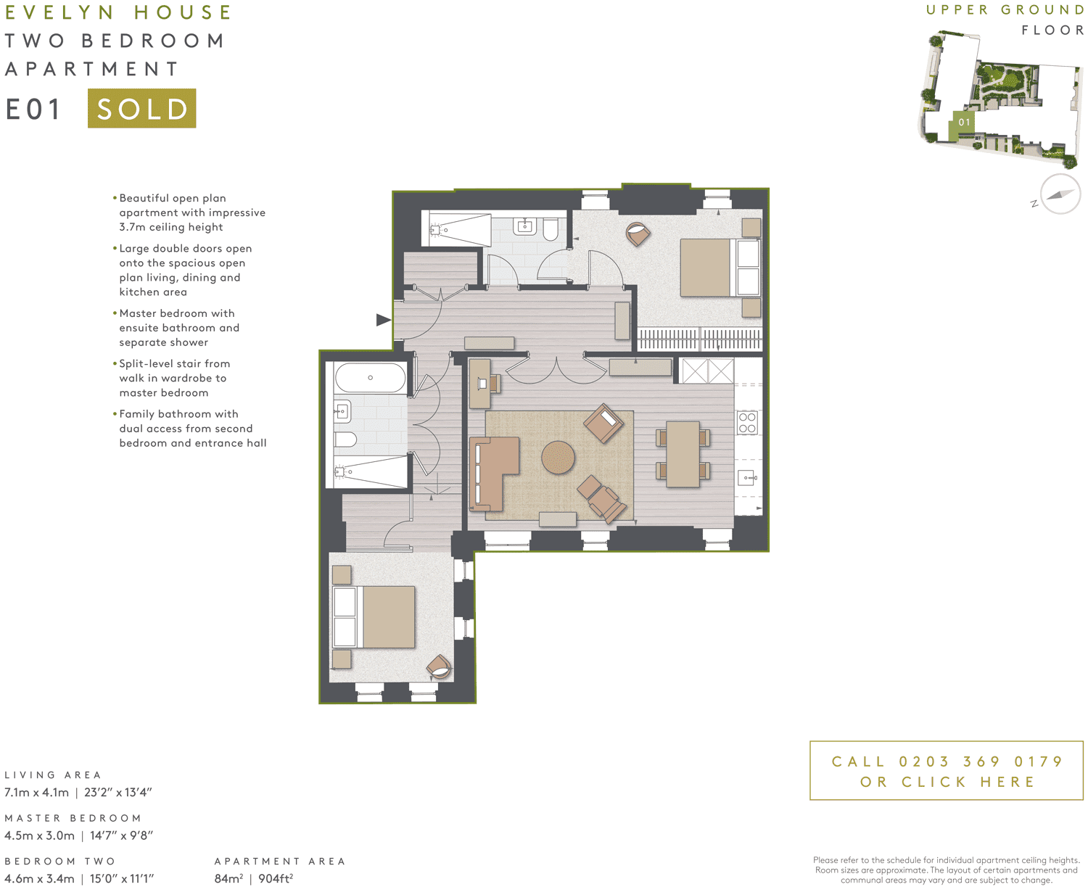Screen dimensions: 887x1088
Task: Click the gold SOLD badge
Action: pos(141,108)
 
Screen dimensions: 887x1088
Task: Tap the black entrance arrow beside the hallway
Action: pos(383,320)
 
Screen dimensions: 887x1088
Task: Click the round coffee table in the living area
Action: pos(558,457)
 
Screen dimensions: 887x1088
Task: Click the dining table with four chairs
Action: pos(683,454)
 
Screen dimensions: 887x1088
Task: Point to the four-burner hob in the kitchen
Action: pos(747,423)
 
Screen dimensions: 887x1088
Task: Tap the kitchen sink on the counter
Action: pos(747,478)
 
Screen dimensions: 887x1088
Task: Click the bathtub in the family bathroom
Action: pos(370,378)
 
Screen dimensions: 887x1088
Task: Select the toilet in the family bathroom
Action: pos(345,440)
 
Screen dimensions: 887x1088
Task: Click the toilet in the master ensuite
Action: pos(551,229)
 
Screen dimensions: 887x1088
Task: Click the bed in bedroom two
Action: pos(374,617)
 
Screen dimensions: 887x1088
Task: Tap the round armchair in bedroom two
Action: pos(439,666)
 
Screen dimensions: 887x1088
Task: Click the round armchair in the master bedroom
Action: pos(638,234)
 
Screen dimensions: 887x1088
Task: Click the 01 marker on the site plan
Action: pos(964,122)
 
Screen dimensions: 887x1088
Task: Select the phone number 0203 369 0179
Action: pos(981,762)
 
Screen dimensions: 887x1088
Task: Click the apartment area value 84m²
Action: pos(228,878)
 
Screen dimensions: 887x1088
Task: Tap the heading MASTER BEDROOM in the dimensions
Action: pos(73,818)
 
